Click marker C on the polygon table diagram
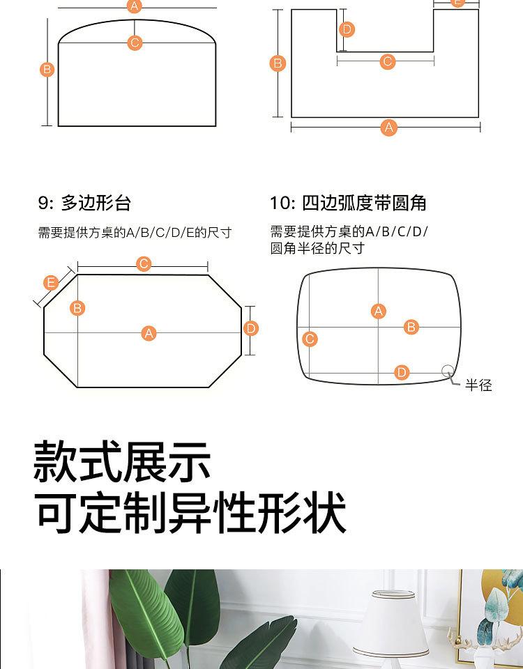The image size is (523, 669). click(144, 263)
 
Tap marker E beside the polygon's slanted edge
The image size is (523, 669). click(51, 283)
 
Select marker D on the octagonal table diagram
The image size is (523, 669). click(250, 328)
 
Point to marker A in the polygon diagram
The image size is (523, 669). click(149, 333)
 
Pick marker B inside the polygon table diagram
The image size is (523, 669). click(77, 308)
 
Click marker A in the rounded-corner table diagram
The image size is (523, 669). click(378, 312)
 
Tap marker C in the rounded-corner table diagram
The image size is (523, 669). click(310, 339)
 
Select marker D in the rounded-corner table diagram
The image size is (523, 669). click(402, 372)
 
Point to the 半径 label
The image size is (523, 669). click(478, 385)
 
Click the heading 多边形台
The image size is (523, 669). click(96, 203)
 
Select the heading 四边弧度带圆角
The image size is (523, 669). click(364, 203)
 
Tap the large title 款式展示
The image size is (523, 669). click(122, 461)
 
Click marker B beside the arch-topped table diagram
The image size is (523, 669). click(47, 70)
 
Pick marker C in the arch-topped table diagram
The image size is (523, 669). click(135, 43)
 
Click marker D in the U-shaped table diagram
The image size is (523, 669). click(347, 29)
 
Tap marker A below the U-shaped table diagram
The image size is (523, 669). click(389, 128)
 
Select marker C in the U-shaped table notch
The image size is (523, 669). click(388, 61)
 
